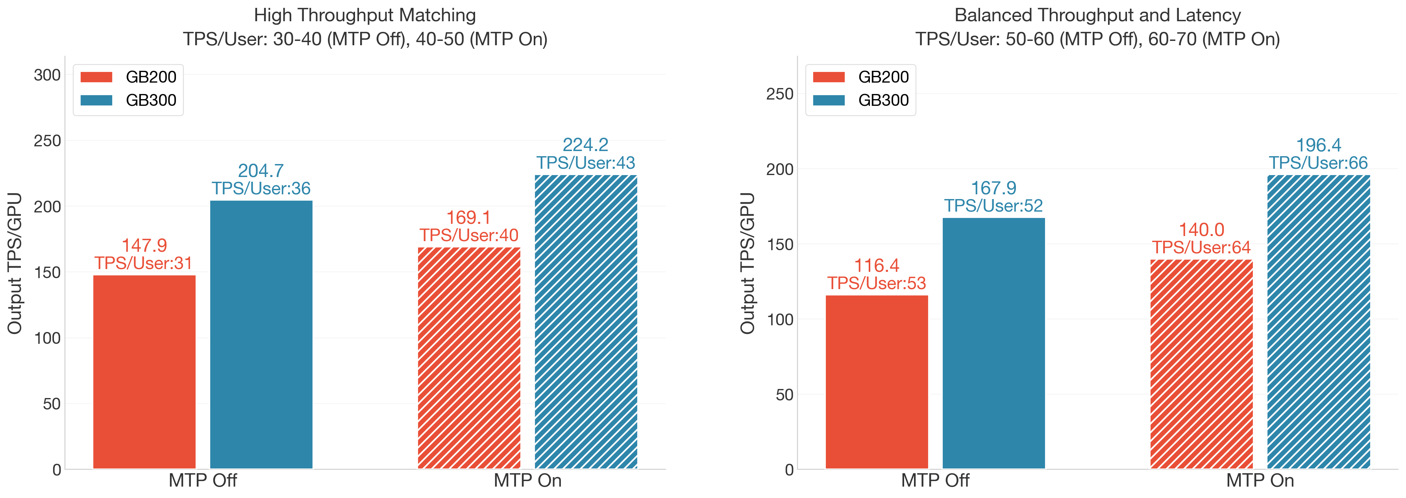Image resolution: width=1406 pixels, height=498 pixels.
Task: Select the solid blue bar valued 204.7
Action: click(261, 334)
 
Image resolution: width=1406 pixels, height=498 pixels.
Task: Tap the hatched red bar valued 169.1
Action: click(469, 358)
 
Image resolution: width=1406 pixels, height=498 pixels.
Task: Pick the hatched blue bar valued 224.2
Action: click(586, 321)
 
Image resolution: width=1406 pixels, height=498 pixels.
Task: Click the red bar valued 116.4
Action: click(877, 382)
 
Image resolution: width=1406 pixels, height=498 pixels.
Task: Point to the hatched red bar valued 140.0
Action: click(1201, 364)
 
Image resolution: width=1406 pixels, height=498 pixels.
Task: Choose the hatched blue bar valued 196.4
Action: click(1318, 321)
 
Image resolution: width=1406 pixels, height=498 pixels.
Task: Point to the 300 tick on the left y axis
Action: click(48, 75)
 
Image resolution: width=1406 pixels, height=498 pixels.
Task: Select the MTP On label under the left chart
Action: click(527, 481)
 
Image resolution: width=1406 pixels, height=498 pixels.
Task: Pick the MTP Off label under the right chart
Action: click(935, 481)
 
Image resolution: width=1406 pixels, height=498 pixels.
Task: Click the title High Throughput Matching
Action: click(364, 15)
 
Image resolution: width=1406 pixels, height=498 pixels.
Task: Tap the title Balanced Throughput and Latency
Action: click(1097, 15)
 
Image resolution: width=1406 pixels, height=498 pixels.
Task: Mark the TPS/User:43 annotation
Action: click(586, 162)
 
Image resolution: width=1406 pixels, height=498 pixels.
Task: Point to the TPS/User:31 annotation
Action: click(144, 264)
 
